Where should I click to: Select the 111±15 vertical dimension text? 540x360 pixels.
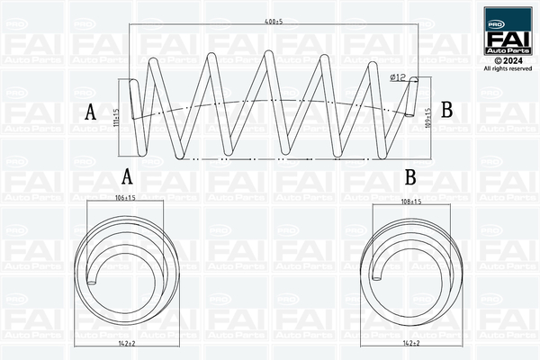click(x=116, y=117)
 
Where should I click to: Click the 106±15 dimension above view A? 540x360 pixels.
click(x=125, y=197)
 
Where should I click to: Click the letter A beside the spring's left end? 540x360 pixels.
click(x=91, y=112)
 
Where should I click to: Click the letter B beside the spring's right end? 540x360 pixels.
click(x=445, y=112)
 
